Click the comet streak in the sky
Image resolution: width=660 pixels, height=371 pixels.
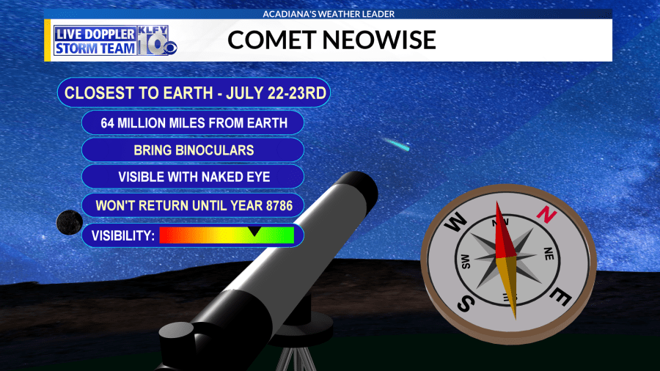point(396,144)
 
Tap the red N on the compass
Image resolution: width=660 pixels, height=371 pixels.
point(546,215)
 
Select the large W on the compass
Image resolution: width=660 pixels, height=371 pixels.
point(455,221)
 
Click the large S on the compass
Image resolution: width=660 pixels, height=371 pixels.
point(466,303)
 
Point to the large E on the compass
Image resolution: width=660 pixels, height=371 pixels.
point(560,297)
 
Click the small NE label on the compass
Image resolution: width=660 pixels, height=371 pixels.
point(549,254)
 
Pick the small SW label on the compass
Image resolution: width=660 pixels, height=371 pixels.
point(466,262)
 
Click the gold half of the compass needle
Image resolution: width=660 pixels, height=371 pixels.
point(508,286)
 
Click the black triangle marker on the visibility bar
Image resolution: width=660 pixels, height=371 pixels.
point(254,231)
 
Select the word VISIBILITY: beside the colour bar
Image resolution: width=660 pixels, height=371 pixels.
point(123,235)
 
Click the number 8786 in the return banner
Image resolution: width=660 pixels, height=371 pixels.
point(279,206)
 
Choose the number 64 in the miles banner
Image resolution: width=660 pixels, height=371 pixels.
point(107,123)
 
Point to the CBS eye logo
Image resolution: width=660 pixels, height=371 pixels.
point(170,48)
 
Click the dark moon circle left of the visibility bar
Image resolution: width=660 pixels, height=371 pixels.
point(70,222)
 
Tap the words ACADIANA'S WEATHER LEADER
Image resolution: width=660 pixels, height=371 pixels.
point(329,14)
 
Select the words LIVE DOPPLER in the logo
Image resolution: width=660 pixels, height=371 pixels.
point(95,34)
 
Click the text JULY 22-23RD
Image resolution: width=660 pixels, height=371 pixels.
point(276,93)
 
